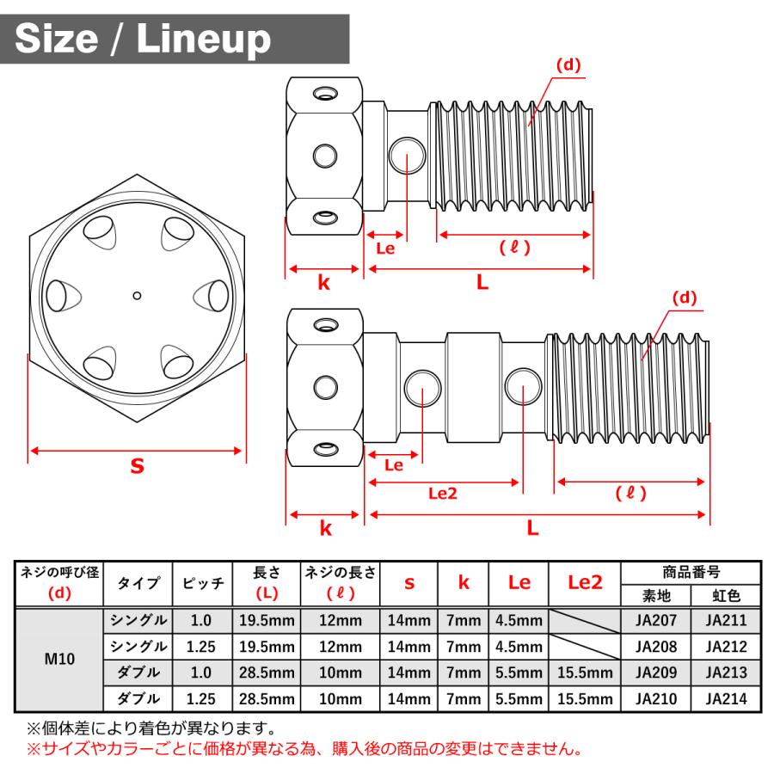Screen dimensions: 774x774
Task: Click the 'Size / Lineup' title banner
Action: pyautogui.click(x=175, y=39)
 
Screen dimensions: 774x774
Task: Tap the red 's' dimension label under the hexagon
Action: pyautogui.click(x=138, y=466)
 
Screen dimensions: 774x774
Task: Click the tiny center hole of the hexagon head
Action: pyautogui.click(x=138, y=296)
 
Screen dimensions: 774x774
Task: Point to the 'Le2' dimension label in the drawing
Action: pyautogui.click(x=443, y=493)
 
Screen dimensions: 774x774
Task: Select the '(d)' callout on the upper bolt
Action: pyautogui.click(x=568, y=64)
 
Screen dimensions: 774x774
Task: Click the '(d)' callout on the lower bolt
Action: pyautogui.click(x=685, y=298)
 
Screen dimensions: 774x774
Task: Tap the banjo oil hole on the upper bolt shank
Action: pyautogui.click(x=408, y=155)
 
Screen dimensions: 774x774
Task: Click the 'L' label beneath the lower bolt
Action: pyautogui.click(x=532, y=528)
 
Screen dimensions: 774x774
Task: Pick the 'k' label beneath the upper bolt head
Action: pyautogui.click(x=324, y=283)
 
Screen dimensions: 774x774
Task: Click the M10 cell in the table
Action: pyautogui.click(x=59, y=659)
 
